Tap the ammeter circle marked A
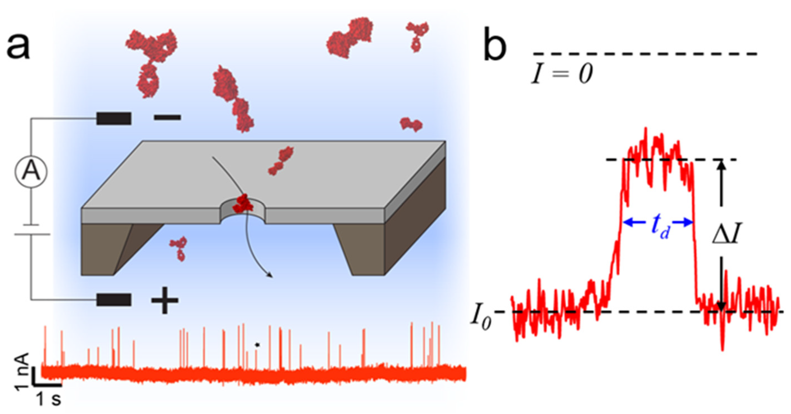point(31,172)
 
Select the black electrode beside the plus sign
point(114,300)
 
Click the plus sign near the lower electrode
point(165,300)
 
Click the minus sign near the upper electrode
point(167,117)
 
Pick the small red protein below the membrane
point(179,248)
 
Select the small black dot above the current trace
point(257,345)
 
